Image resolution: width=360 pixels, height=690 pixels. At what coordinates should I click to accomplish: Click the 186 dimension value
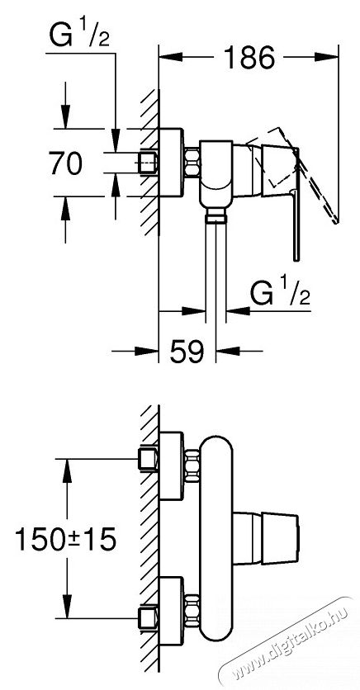tap(249, 57)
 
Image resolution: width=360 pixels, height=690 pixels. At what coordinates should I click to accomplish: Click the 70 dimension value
tap(65, 163)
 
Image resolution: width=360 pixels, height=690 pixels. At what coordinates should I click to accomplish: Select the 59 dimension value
tap(187, 351)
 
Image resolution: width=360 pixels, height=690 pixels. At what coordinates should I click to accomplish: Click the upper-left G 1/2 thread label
tap(78, 36)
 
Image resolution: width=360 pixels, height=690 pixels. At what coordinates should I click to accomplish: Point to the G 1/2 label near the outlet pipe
tap(281, 293)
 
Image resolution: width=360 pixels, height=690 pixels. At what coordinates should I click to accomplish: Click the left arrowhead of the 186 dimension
tap(170, 57)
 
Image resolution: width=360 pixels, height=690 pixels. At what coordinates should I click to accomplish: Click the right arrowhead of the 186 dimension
tap(326, 57)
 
